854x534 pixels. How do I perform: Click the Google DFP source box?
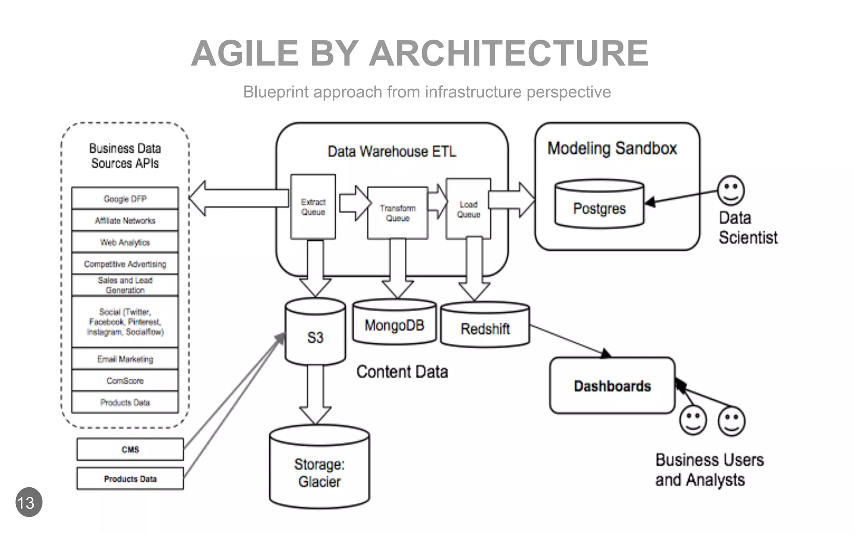tap(125, 199)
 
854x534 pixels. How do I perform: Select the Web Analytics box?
tap(125, 242)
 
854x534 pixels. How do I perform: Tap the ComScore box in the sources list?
tap(125, 380)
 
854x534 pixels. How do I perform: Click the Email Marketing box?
tap(125, 359)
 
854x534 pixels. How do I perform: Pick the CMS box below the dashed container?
tap(130, 449)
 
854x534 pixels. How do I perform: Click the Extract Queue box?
tap(313, 207)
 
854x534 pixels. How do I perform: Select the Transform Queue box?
tap(397, 213)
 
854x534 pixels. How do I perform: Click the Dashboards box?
tap(612, 386)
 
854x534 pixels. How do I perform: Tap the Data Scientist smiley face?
tap(731, 190)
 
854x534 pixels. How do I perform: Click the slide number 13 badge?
tap(29, 502)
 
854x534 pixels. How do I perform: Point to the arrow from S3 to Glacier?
tap(315, 394)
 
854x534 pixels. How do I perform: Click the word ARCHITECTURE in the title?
tap(508, 53)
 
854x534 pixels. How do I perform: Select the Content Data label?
tap(402, 372)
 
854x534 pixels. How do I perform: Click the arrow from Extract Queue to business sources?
tap(238, 198)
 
